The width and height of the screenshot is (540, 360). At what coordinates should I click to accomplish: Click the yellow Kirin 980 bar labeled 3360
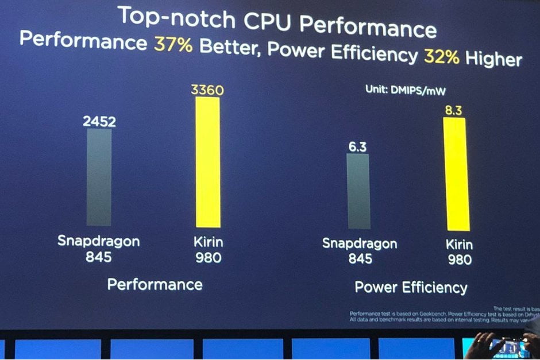coord(208,162)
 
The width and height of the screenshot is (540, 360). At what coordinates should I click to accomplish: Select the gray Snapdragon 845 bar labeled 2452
coord(99,177)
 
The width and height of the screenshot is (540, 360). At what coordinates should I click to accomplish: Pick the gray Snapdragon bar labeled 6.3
coord(358,191)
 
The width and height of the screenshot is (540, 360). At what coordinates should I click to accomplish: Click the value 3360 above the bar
coord(207,90)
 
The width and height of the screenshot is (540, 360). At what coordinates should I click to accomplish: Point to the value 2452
coord(99,121)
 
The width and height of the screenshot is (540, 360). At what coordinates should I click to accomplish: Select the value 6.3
coord(357,147)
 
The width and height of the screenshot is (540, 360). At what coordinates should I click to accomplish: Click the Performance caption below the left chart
coord(155,284)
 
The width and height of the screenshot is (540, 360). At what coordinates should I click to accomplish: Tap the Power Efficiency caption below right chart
coord(411,287)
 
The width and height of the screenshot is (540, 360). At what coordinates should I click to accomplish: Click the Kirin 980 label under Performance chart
coord(207,249)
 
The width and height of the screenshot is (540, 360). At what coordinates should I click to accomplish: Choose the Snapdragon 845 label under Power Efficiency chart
coord(360,251)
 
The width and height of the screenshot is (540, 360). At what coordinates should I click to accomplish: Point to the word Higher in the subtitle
coord(493,59)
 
